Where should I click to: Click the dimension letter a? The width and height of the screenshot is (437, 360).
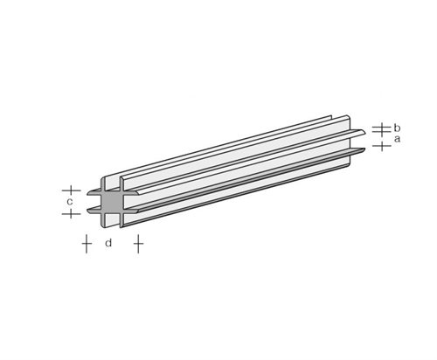click(398, 138)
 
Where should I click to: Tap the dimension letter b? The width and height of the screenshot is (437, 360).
click(398, 126)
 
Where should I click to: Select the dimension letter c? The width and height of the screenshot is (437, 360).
click(69, 202)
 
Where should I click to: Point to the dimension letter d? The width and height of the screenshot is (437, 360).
click(108, 243)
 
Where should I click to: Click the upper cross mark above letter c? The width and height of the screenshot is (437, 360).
click(72, 190)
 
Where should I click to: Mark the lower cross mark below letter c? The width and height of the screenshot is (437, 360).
click(72, 213)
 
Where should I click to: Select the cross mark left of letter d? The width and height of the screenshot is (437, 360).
click(86, 243)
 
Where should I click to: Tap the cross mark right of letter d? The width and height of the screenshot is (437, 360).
click(137, 243)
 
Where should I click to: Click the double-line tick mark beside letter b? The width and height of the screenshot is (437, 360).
click(379, 128)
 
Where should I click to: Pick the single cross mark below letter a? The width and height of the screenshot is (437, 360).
click(380, 145)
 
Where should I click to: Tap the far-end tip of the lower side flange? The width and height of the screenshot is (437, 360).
click(363, 152)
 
